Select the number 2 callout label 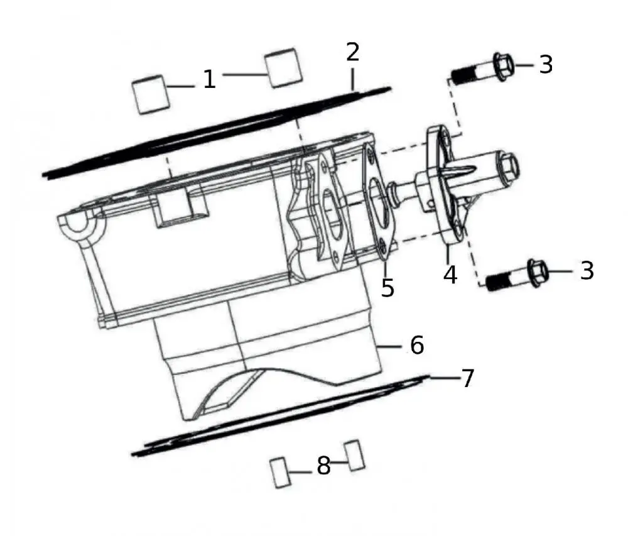[353, 52]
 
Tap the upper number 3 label [546, 64]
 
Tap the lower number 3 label [586, 270]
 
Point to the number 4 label [450, 274]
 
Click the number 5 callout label [387, 287]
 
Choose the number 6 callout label [417, 345]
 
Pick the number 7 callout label [467, 378]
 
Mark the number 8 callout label [323, 466]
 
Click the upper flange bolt [484, 68]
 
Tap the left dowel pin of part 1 [151, 94]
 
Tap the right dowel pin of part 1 [284, 67]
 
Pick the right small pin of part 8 [355, 454]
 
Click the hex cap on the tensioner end [507, 168]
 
